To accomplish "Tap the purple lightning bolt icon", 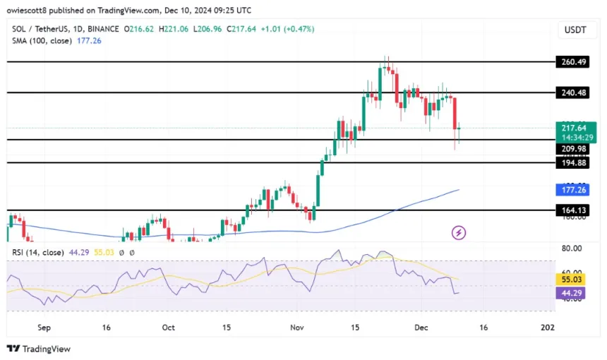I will point(459,232).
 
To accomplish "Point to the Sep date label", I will point(44,328).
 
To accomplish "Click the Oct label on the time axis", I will point(168,328).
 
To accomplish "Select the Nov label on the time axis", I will point(296,328).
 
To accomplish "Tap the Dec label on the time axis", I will point(422,328).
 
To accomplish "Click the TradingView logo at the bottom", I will point(39,349).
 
